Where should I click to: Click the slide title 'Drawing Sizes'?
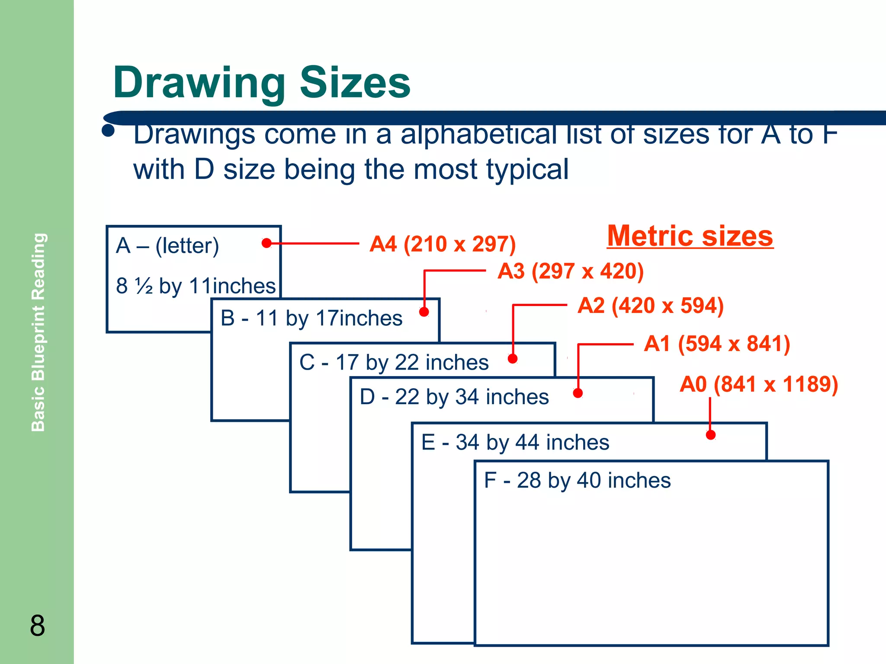click(261, 83)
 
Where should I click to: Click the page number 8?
click(37, 626)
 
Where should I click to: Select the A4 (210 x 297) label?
click(442, 244)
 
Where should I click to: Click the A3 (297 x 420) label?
click(570, 271)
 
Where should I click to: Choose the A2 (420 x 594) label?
click(650, 306)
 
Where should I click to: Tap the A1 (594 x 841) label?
click(717, 344)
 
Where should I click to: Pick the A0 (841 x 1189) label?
click(758, 384)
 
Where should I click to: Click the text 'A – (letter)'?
click(167, 246)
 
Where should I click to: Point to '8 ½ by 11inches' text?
click(196, 286)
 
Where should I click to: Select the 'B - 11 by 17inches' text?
click(311, 319)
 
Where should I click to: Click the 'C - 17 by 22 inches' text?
click(394, 362)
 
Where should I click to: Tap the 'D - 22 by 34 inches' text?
click(454, 397)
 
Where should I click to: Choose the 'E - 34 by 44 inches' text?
click(515, 442)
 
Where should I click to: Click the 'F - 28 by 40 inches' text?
click(577, 480)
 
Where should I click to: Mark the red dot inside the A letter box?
click(266, 243)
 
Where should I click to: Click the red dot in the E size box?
click(710, 435)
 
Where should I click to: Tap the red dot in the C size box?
click(513, 358)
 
